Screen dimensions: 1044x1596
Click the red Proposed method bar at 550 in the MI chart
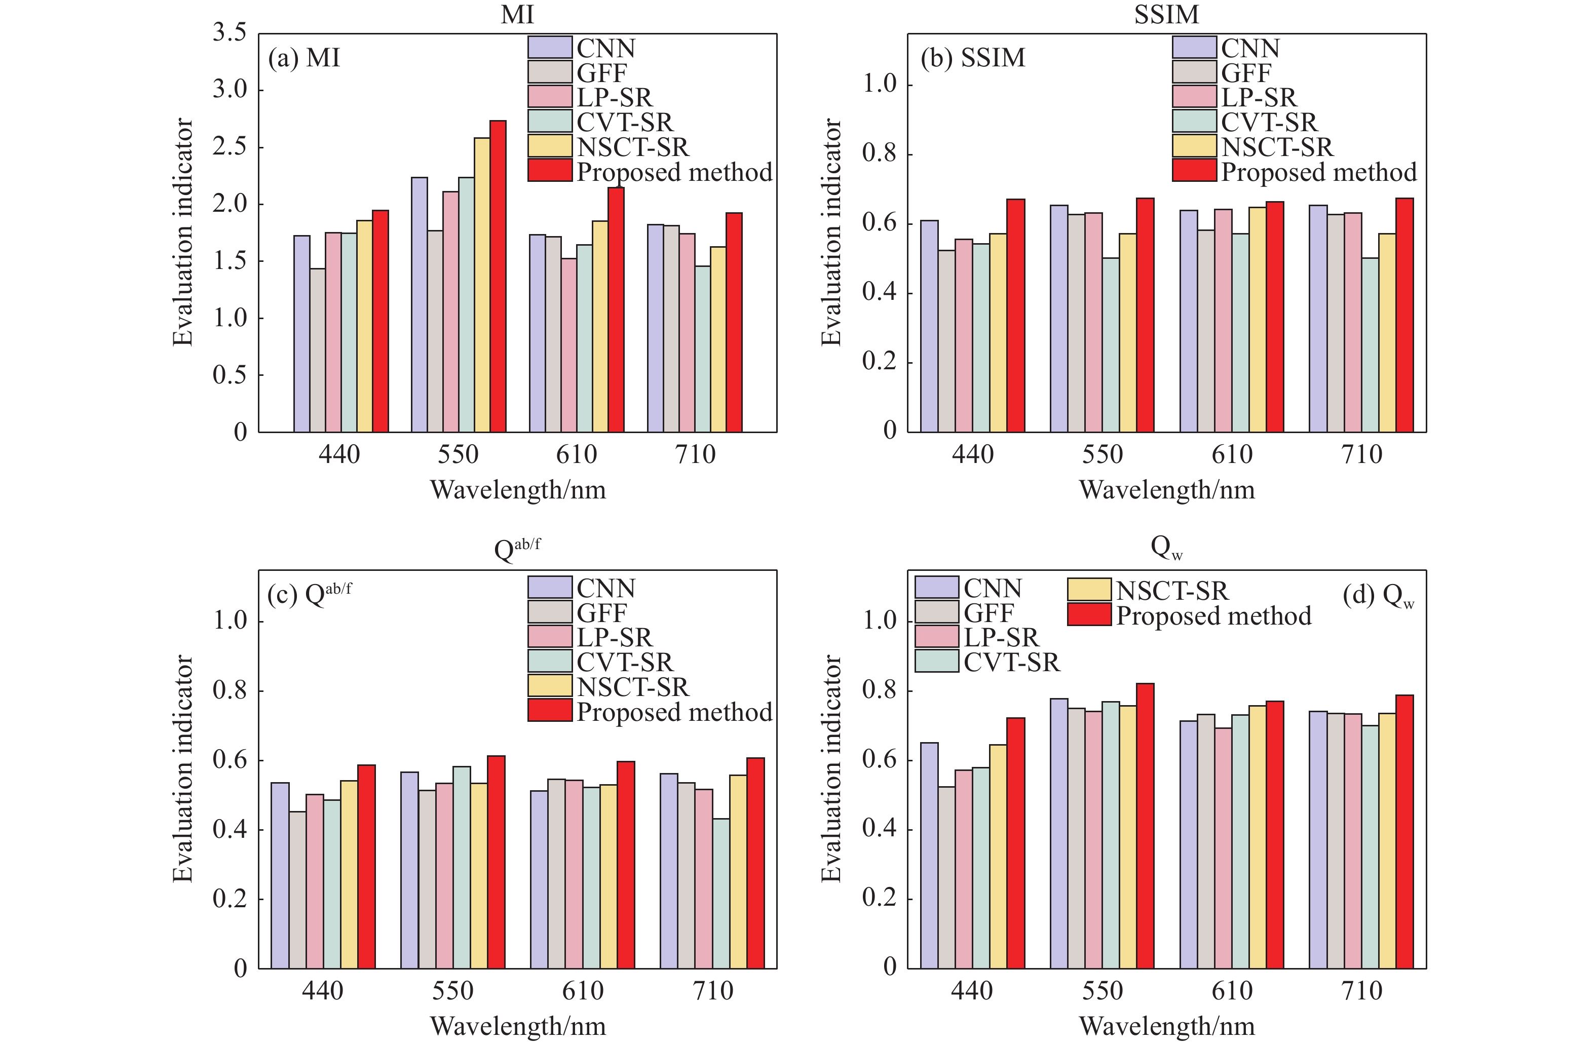click(498, 276)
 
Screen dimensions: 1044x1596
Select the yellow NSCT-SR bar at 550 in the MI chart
click(481, 285)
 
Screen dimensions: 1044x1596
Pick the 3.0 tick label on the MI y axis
click(230, 89)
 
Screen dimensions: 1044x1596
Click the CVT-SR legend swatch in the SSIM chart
click(1194, 122)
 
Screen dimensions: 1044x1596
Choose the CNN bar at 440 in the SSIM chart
click(929, 326)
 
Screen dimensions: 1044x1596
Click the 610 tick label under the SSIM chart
click(1231, 454)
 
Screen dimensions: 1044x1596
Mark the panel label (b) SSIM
click(972, 58)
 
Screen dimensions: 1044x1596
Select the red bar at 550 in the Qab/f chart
click(496, 862)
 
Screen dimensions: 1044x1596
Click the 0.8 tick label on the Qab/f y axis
click(230, 690)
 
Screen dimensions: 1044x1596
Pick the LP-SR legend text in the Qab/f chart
click(614, 637)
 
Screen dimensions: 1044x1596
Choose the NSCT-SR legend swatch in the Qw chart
click(1088, 590)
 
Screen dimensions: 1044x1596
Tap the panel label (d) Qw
click(1378, 595)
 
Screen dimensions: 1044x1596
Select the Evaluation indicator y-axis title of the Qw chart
click(831, 768)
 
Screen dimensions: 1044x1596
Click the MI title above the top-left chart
click(517, 14)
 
